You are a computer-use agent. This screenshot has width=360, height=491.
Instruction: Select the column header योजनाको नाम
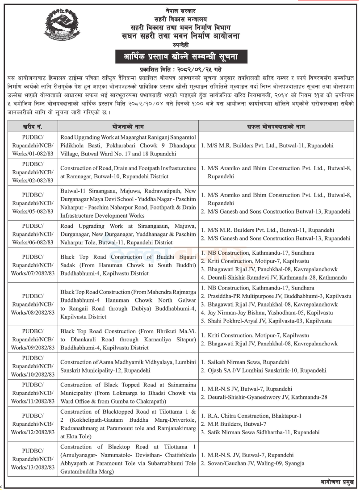point(128,127)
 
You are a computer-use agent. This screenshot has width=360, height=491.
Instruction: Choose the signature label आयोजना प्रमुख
point(337,482)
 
